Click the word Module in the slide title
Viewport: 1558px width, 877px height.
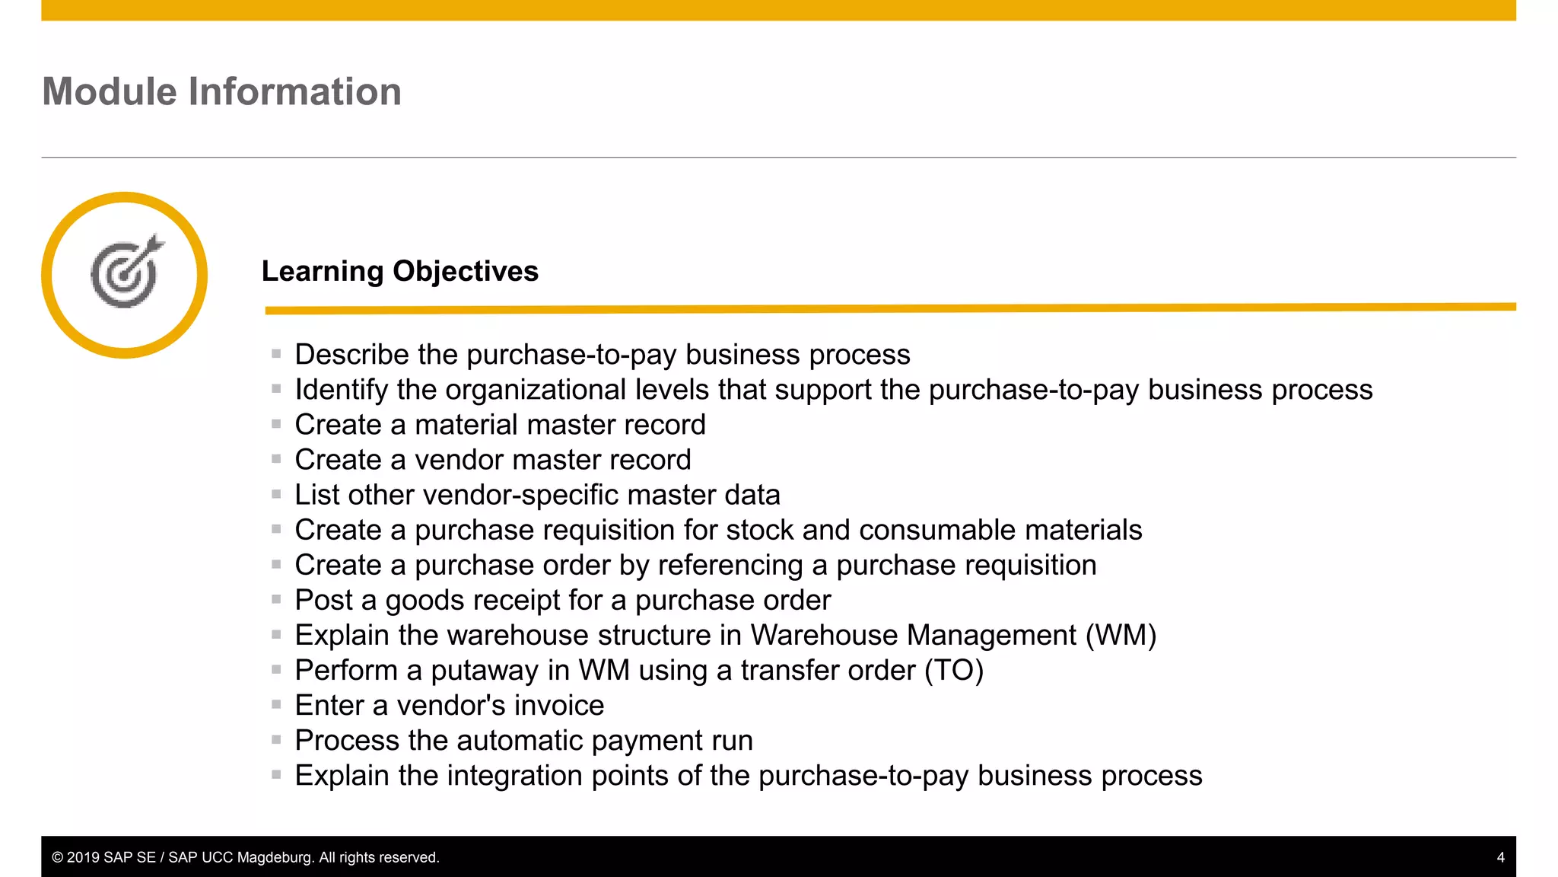(x=110, y=92)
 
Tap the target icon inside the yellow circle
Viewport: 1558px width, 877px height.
(x=126, y=273)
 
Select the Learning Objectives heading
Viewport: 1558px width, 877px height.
(x=399, y=272)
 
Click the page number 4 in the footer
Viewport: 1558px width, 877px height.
(x=1500, y=857)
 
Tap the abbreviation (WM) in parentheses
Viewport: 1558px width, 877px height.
(x=1121, y=636)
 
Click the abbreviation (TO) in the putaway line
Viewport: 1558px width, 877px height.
(x=954, y=671)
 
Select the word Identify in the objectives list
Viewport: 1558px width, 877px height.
(x=342, y=390)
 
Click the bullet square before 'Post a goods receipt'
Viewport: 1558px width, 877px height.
(x=276, y=600)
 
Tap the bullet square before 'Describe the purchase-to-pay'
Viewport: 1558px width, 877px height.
(x=276, y=354)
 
